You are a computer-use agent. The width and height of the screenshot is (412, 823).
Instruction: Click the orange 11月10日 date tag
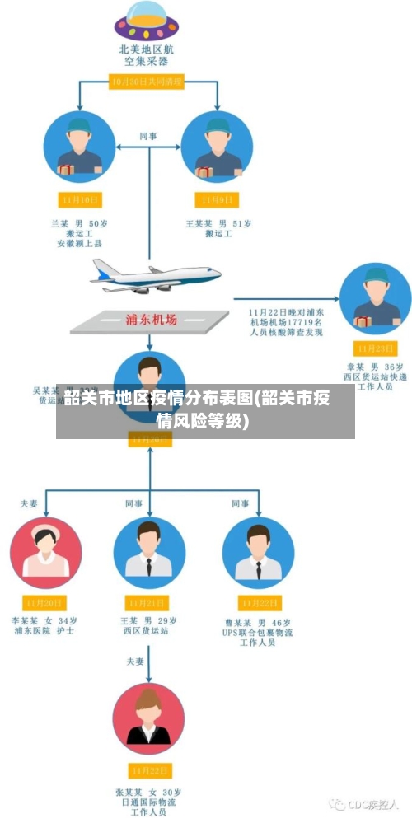80,199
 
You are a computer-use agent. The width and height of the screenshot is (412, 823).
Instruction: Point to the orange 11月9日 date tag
218,199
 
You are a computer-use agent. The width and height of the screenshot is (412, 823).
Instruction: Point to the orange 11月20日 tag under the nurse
46,602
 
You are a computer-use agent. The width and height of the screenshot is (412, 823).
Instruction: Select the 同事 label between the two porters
148,136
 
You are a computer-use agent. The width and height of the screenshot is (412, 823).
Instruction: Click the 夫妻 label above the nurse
29,503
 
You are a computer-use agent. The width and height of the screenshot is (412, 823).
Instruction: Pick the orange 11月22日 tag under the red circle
148,770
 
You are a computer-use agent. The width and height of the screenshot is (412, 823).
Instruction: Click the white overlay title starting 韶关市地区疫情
198,409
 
